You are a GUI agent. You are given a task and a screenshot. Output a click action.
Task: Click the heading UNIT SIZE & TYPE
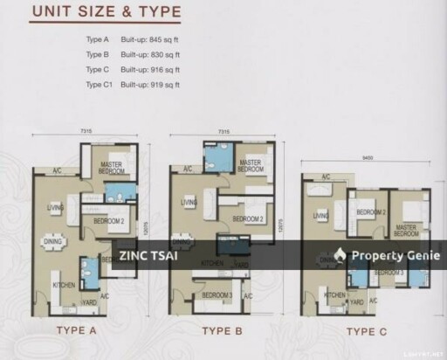(x=105, y=13)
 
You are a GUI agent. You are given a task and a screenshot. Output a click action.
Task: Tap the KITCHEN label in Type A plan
(x=63, y=285)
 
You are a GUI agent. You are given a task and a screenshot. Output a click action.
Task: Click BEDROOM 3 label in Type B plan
(x=217, y=295)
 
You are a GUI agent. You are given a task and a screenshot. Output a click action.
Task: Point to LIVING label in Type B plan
(x=189, y=202)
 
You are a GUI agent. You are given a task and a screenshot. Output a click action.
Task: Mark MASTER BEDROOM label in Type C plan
(x=407, y=230)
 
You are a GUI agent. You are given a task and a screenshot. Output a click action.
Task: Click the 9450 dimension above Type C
(x=368, y=159)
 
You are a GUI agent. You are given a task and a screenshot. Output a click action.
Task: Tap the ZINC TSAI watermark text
(x=144, y=254)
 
